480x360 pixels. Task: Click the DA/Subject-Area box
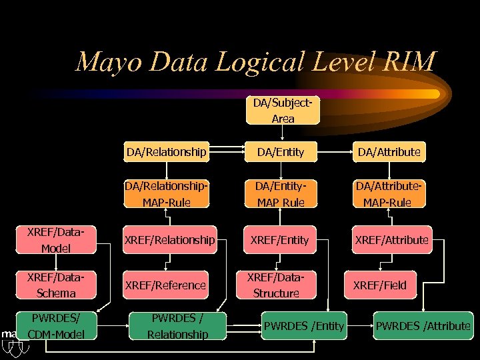(x=283, y=111)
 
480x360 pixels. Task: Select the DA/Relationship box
(x=167, y=152)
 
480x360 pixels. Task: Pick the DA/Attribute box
(x=389, y=152)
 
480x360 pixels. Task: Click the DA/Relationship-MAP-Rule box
(x=167, y=194)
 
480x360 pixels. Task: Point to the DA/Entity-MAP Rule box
(x=281, y=194)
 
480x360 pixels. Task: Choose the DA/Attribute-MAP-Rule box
(x=389, y=194)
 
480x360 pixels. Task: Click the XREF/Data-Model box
(x=56, y=241)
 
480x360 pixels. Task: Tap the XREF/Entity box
(x=280, y=240)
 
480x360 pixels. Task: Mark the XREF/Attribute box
(x=391, y=240)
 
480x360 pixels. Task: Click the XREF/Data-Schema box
(x=56, y=285)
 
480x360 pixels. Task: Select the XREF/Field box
(x=380, y=285)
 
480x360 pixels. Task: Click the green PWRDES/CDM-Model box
(x=56, y=326)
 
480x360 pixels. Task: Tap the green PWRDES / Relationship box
(x=178, y=326)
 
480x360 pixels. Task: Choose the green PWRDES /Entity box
(x=304, y=326)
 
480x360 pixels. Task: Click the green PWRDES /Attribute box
(x=423, y=326)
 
